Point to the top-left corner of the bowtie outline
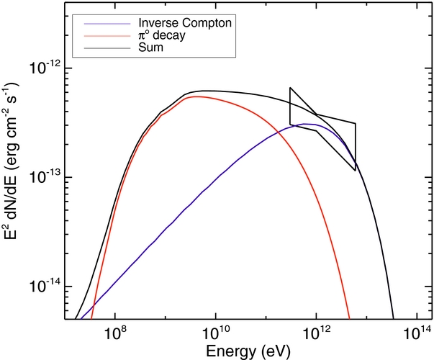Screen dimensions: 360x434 click(x=290, y=88)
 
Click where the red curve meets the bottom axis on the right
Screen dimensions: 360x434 click(x=349, y=318)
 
